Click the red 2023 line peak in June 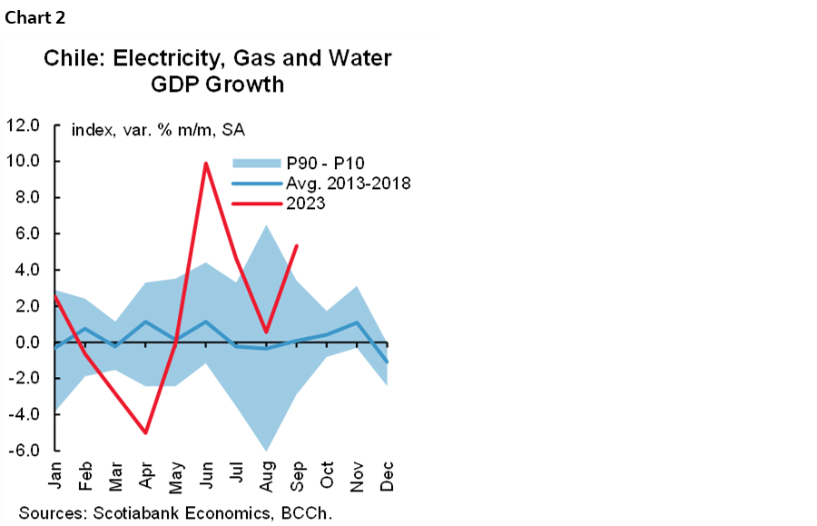206,164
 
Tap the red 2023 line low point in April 145,433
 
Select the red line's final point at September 297,245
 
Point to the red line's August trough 267,332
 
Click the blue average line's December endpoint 388,362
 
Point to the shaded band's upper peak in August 266,225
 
